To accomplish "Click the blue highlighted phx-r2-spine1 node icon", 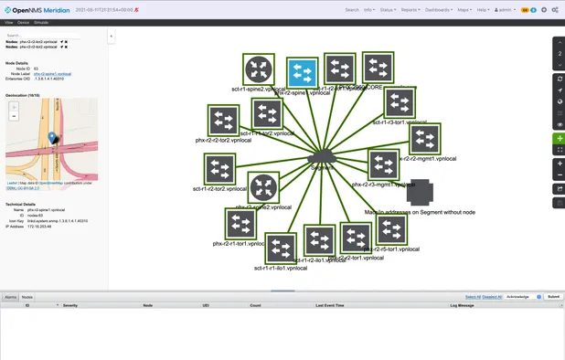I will pyautogui.click(x=301, y=71).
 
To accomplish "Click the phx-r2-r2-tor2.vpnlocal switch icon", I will pyautogui.click(x=222, y=120).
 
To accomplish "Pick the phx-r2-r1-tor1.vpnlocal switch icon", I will pyautogui.click(x=240, y=224).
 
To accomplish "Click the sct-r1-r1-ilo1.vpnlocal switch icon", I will pyautogui.click(x=281, y=248).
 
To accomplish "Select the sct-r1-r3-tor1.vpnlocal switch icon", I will pyautogui.click(x=399, y=102).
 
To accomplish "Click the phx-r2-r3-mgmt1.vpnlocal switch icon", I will pyautogui.click(x=384, y=164).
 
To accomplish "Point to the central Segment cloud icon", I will pyautogui.click(x=322, y=158).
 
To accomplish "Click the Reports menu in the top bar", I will pyautogui.click(x=410, y=10).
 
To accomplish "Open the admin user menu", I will pyautogui.click(x=505, y=10).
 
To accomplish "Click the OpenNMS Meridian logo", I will pyautogui.click(x=40, y=9).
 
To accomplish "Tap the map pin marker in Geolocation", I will pyautogui.click(x=53, y=138).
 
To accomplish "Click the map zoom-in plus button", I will pyautogui.click(x=13, y=107).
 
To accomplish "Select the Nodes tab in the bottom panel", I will pyautogui.click(x=27, y=297).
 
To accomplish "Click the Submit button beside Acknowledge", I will pyautogui.click(x=553, y=297).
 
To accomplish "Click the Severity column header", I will pyautogui.click(x=69, y=304).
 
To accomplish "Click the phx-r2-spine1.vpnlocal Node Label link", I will pyautogui.click(x=53, y=72).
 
